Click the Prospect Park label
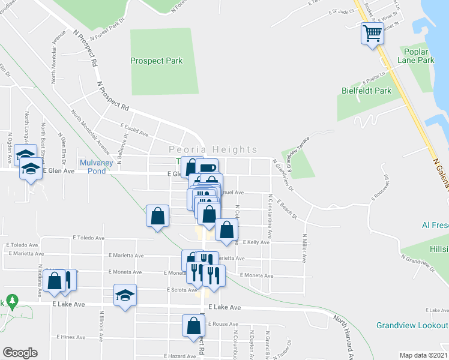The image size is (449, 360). tap(157, 61)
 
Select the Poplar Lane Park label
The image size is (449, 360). tap(415, 56)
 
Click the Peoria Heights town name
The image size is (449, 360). tap(213, 149)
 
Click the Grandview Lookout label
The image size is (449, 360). tap(412, 325)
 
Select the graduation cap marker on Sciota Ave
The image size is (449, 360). tap(125, 295)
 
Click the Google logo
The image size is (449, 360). tap(20, 353)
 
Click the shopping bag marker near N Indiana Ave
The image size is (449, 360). tap(54, 281)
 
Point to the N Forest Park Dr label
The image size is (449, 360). tap(108, 35)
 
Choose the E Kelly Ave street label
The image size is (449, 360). tap(256, 242)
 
